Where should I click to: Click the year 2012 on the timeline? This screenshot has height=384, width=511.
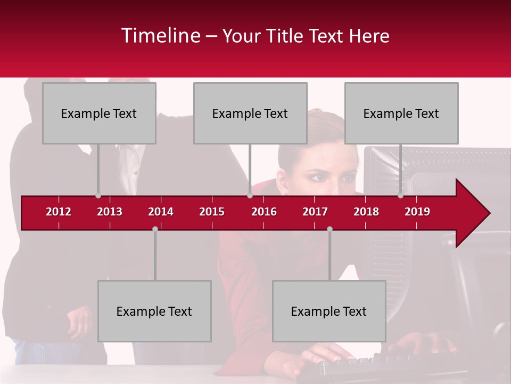[59, 212]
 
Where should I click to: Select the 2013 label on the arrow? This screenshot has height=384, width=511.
[110, 212]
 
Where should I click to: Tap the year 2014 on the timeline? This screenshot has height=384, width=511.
[161, 212]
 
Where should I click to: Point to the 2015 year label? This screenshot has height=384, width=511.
[212, 212]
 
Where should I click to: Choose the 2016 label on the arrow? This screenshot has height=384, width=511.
[264, 212]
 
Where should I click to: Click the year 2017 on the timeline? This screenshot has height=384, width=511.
[315, 212]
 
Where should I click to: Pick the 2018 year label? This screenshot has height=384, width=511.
[366, 212]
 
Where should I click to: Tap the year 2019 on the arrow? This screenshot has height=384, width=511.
[417, 212]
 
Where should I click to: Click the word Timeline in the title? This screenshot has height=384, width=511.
[160, 36]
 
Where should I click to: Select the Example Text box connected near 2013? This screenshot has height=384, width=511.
[99, 113]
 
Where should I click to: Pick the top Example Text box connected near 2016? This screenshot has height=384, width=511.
[250, 113]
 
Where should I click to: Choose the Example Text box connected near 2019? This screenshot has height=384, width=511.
[401, 113]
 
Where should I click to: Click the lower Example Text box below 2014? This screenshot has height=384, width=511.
[154, 311]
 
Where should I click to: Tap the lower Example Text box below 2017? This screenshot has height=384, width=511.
[329, 311]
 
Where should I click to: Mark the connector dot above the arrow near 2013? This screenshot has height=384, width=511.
[98, 196]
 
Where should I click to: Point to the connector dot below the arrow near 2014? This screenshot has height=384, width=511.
[155, 229]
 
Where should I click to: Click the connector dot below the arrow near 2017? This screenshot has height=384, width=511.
[329, 229]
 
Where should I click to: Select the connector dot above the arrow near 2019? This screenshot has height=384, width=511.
[400, 196]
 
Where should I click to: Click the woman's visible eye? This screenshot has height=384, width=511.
[318, 177]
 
